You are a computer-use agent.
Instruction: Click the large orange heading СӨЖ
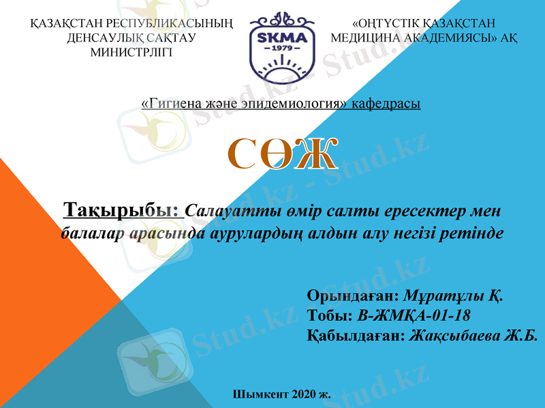coord(282,154)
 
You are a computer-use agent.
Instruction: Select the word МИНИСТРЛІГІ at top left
coord(131,52)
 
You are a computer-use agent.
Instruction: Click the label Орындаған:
coord(353,296)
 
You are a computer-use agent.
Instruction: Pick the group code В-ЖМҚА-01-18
coord(414,316)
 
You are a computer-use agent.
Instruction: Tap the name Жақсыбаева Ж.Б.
coord(473,336)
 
